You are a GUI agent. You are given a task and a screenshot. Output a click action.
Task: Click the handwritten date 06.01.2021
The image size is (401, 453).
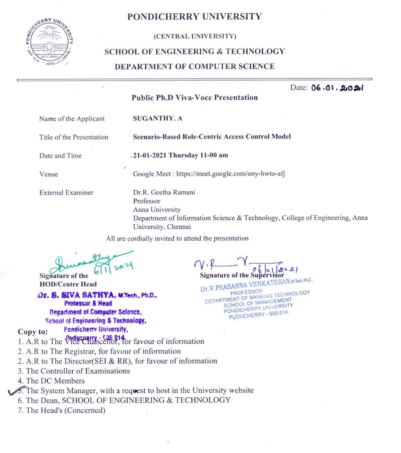pos(337,88)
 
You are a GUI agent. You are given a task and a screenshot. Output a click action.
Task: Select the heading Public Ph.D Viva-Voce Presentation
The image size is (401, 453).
pos(195,97)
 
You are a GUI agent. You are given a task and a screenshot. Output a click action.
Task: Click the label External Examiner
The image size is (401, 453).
pos(66,192)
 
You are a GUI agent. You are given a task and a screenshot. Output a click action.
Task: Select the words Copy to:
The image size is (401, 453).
pos(33,331)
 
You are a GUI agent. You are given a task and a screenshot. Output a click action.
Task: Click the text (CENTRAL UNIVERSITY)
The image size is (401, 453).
pos(195,36)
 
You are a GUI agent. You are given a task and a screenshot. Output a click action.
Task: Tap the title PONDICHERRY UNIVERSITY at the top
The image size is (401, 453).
pos(195,17)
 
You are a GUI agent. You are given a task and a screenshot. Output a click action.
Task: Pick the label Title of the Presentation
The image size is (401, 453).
pos(73,137)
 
